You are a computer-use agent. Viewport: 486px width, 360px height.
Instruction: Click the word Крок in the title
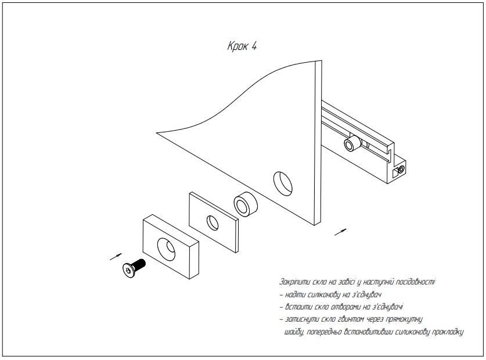[237, 47]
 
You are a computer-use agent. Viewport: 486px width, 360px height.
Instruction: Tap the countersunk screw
[134, 268]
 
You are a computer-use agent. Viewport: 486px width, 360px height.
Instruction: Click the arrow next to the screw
[116, 255]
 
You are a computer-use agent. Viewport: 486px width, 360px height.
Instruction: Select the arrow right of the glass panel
[342, 232]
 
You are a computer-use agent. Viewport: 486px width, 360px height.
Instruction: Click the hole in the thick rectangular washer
[167, 247]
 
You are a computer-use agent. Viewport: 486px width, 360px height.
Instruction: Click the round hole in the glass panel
[283, 182]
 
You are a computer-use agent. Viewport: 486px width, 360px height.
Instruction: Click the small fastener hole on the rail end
[399, 170]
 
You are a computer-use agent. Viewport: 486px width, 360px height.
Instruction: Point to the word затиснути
[302, 320]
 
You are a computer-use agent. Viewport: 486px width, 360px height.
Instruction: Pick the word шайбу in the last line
[294, 333]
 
